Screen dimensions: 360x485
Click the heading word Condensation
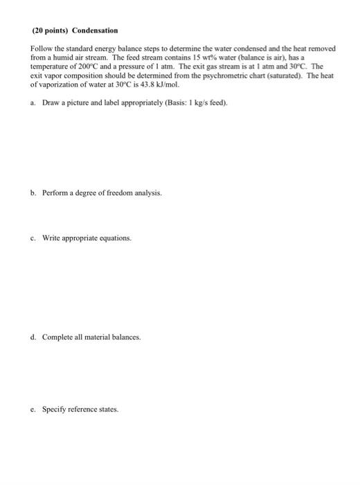95,31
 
